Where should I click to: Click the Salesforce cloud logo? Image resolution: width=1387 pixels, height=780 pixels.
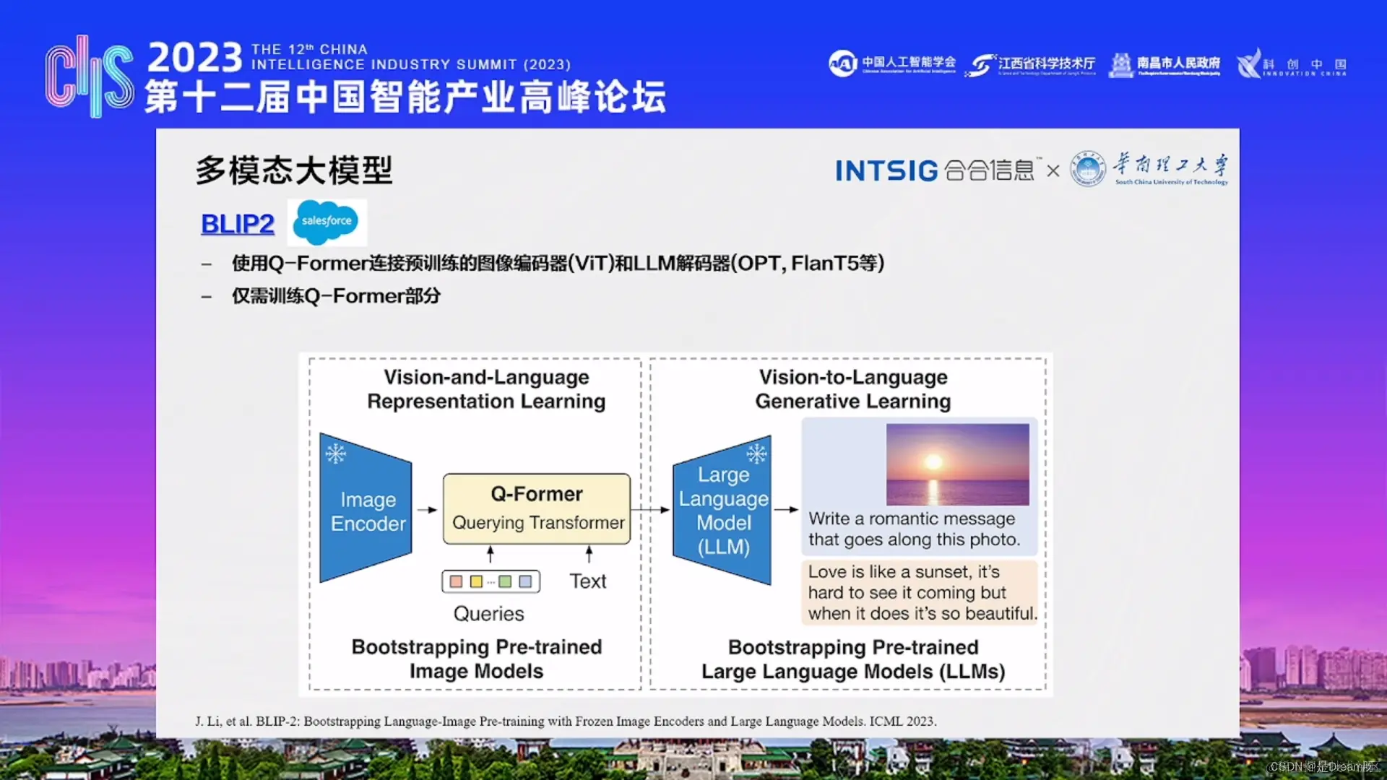pos(327,222)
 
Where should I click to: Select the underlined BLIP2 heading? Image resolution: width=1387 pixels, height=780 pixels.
pos(237,224)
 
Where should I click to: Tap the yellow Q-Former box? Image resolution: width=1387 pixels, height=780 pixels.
pos(536,508)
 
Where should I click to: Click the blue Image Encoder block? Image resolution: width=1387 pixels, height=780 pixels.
pos(367,510)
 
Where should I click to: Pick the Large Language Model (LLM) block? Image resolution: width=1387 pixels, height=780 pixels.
pos(722,510)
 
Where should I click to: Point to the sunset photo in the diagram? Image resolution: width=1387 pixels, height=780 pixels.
pos(957,464)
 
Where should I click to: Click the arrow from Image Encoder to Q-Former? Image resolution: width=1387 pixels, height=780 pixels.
pos(428,510)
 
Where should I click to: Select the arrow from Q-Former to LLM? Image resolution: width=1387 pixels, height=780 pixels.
pos(651,510)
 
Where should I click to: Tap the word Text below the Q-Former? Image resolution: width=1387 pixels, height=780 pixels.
pos(587,581)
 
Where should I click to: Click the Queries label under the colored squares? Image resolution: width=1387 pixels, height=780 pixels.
pos(488,614)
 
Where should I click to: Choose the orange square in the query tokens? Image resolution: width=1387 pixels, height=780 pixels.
pos(456,581)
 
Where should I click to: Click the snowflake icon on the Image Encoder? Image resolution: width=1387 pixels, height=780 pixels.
pos(335,454)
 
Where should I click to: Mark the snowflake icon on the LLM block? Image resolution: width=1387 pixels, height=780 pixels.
pos(756,454)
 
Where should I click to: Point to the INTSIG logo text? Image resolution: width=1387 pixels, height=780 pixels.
pos(886,171)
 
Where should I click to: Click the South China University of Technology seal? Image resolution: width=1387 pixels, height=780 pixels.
pos(1087,169)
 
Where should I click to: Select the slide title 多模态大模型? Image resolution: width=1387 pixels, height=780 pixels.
pos(294,171)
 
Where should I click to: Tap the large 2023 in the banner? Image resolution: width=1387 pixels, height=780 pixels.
pos(195,57)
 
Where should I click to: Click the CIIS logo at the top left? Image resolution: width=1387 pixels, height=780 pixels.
pos(89,76)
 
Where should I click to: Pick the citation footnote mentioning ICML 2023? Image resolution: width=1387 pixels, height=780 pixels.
pos(565,721)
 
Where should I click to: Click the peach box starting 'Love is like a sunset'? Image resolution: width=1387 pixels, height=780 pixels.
pos(919,592)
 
